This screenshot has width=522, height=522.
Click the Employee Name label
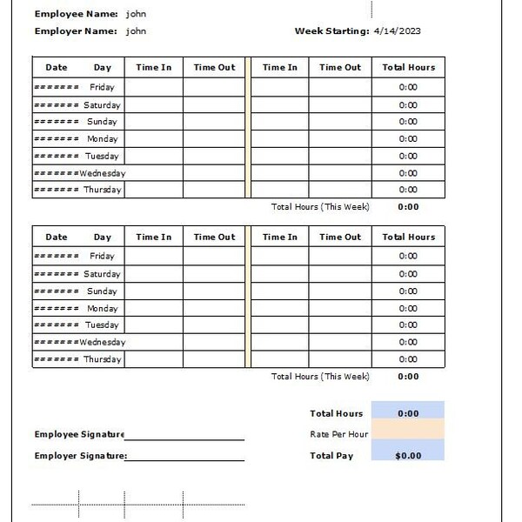point(76,14)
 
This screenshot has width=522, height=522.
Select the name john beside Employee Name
point(136,14)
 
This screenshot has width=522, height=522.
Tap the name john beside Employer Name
point(136,31)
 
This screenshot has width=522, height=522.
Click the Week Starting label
point(331,31)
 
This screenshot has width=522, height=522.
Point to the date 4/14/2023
point(397,31)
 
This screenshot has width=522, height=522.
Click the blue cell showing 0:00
point(407,414)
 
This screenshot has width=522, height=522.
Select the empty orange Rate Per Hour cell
point(407,433)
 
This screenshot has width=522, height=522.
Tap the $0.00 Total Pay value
point(407,456)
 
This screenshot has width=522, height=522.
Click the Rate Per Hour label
point(338,434)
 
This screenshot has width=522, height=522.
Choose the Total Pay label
point(331,456)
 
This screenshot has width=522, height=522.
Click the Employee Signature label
point(79,434)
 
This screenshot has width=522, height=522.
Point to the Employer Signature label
point(80,456)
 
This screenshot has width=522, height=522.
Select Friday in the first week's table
point(102,87)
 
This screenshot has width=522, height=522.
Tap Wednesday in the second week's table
point(102,342)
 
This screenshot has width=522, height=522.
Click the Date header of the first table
point(56,67)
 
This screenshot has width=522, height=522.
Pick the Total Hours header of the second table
point(408,237)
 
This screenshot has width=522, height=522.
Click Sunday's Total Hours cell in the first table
point(408,122)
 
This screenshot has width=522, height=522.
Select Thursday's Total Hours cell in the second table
point(408,359)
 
